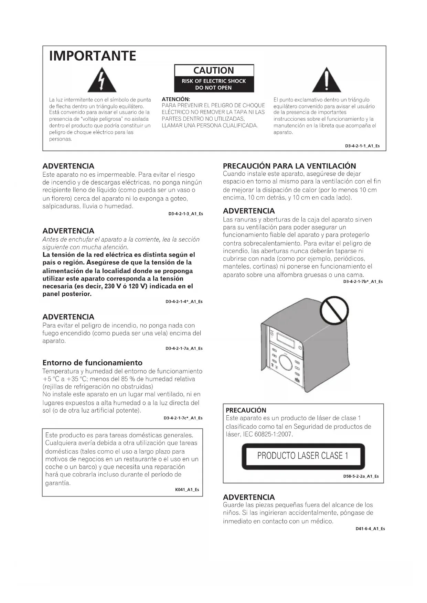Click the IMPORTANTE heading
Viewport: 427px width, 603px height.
93,56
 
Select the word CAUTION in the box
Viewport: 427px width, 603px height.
214,70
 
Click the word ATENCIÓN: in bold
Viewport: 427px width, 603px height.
176,99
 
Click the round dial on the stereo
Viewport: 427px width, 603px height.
286,362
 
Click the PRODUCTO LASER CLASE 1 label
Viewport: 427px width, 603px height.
303,456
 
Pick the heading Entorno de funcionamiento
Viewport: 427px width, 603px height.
92,363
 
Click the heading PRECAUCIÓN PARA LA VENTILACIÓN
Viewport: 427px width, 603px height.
289,166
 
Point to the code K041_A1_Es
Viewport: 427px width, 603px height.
187,490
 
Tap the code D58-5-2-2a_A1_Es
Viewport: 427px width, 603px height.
361,476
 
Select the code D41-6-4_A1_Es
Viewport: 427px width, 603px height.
370,529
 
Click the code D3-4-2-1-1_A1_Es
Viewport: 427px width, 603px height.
362,146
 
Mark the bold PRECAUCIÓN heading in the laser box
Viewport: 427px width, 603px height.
246,410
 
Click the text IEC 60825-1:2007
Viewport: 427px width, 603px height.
268,434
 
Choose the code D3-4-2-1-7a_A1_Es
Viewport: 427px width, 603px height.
184,348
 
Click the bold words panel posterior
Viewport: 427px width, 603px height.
67,294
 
